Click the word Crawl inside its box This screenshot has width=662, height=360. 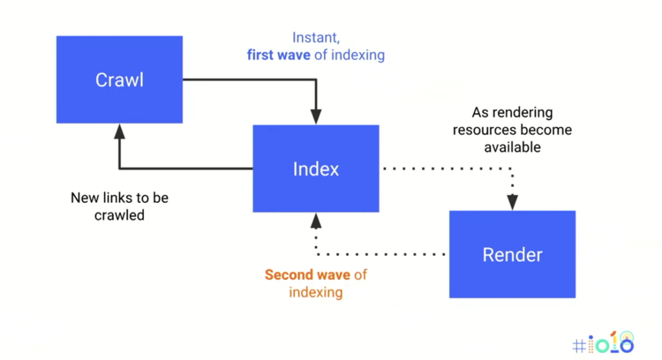tap(119, 80)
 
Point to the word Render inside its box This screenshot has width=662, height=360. tap(512, 255)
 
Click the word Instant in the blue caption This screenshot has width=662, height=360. tap(315, 37)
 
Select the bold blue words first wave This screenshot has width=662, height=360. tap(279, 55)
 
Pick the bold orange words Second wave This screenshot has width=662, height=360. tap(307, 275)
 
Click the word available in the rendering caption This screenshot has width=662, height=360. tap(512, 147)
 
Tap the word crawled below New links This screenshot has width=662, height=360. tap(119, 215)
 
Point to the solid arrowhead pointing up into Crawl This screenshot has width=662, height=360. tap(119, 131)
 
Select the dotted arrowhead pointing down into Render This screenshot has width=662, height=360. tap(512, 203)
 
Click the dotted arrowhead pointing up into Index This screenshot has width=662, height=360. tap(315, 221)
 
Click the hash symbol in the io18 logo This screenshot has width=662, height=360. tap(579, 346)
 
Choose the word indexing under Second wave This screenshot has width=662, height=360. tap(315, 292)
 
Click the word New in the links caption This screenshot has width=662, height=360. tap(84, 198)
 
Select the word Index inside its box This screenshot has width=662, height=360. tap(315, 169)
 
